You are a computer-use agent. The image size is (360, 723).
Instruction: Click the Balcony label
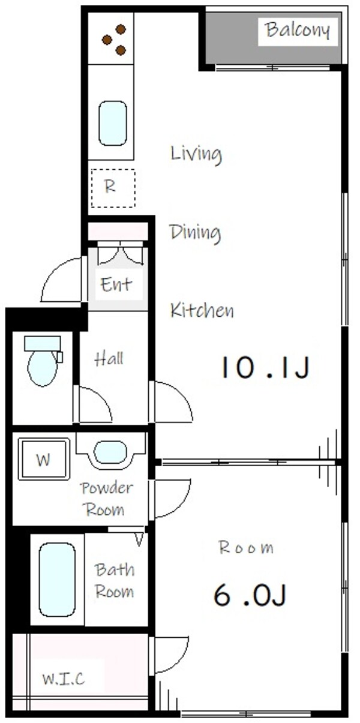click(x=298, y=30)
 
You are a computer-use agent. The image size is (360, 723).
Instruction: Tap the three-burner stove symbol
click(x=114, y=40)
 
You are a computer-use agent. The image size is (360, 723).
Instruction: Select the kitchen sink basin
click(x=112, y=123)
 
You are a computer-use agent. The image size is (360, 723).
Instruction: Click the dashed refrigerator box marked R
click(x=113, y=188)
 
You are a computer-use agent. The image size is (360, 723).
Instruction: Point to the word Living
click(x=196, y=154)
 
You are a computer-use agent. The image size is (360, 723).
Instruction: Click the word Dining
click(x=194, y=232)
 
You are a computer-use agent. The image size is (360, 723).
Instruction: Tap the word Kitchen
click(x=202, y=311)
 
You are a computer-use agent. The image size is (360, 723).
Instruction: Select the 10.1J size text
click(x=265, y=368)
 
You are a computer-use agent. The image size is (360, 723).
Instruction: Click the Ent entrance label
click(x=116, y=284)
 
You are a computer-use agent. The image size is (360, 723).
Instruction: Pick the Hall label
click(x=109, y=359)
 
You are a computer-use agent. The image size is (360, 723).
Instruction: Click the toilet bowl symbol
click(x=43, y=367)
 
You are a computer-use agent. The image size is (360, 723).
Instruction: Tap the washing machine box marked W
click(x=43, y=460)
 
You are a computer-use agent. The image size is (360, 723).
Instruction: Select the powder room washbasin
click(x=110, y=452)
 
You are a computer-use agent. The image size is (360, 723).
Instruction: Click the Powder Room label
click(x=106, y=499)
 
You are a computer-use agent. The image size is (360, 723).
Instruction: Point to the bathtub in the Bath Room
click(x=57, y=580)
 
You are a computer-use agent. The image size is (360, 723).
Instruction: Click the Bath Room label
click(x=115, y=580)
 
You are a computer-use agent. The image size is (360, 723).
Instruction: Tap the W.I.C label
click(x=64, y=679)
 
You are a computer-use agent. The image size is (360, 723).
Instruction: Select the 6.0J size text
click(x=251, y=595)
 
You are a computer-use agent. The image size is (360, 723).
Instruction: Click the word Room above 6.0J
click(x=245, y=547)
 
